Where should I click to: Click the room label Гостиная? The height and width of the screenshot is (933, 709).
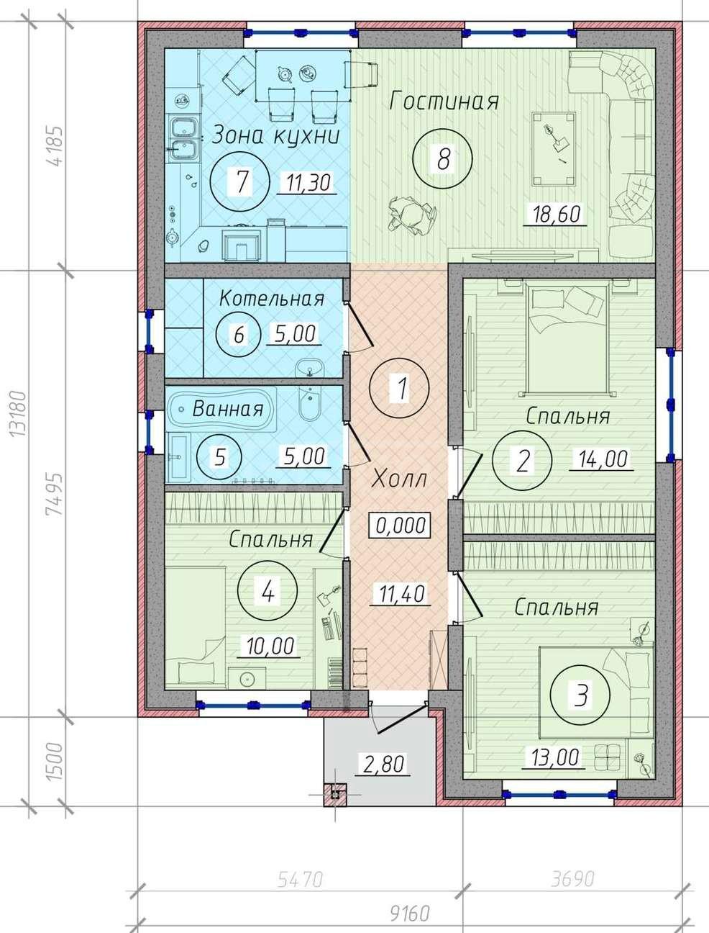pos(444,102)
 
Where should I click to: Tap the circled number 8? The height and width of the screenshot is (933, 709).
pos(442,159)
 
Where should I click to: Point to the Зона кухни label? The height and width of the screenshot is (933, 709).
pos(275,135)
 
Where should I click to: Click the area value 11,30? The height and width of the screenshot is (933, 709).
pos(308,183)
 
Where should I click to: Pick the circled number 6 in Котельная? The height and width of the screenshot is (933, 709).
pos(238,335)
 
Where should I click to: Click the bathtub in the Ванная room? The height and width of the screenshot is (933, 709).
pos(222,409)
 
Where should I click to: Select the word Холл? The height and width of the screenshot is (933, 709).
pos(398,479)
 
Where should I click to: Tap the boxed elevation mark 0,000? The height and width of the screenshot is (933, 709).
pos(401,525)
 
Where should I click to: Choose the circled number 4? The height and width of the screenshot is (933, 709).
pos(267,592)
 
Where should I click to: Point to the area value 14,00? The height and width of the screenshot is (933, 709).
pos(602,459)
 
